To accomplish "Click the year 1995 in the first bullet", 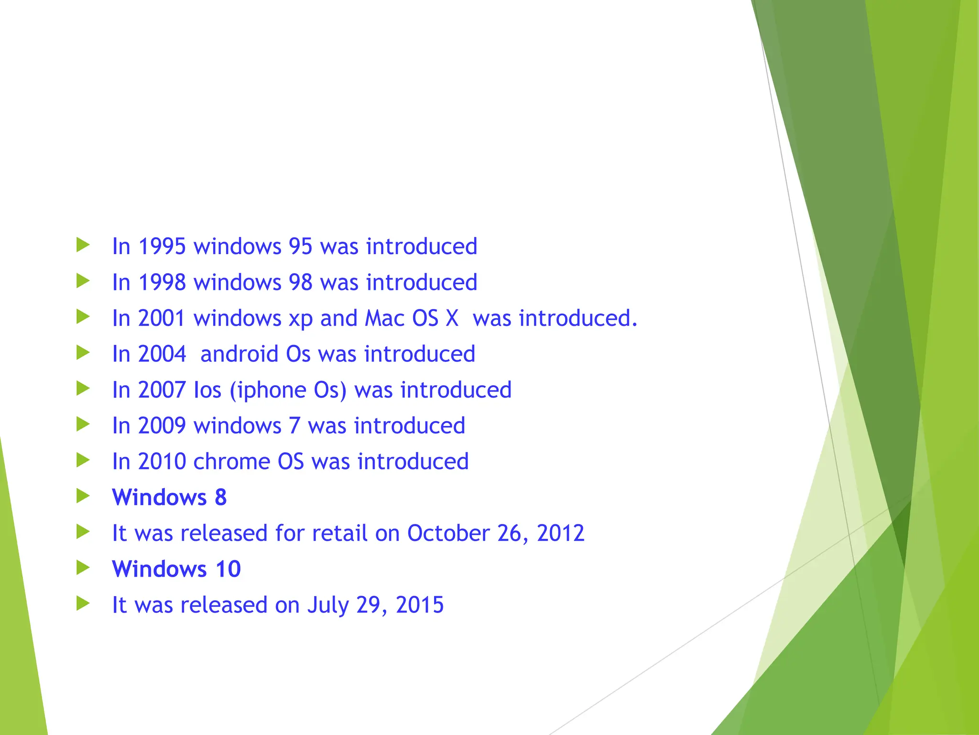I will [x=162, y=246].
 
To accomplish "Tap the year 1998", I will [x=162, y=282].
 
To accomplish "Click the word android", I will [x=239, y=354].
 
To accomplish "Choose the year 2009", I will [x=162, y=426].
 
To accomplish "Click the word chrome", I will [x=231, y=462].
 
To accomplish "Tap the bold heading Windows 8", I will [x=169, y=498].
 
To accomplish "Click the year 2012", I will [x=560, y=533].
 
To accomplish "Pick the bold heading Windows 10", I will [x=176, y=569].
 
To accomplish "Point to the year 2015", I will [x=420, y=605].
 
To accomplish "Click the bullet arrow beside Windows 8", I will [x=83, y=496].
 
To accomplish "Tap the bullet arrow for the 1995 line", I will [x=83, y=245].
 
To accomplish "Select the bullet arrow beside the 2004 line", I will [x=83, y=353].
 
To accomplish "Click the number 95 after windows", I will [x=300, y=246].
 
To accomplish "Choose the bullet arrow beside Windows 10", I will [x=83, y=568].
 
